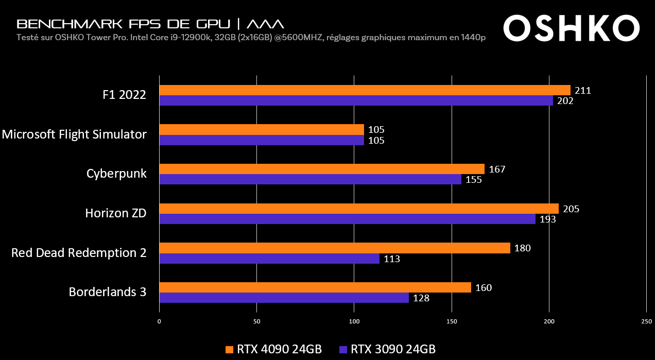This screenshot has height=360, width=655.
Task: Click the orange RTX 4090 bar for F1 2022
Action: click(x=365, y=90)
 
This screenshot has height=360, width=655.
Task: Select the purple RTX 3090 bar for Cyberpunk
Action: click(x=310, y=179)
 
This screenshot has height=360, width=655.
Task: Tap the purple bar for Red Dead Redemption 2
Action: click(x=269, y=259)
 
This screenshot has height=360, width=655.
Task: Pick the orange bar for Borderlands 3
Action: click(x=315, y=287)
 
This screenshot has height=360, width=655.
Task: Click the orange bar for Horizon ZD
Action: click(x=359, y=209)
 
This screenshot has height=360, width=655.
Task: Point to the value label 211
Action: click(x=582, y=91)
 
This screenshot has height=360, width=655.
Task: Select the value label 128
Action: click(x=421, y=298)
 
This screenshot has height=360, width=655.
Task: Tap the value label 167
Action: click(x=496, y=169)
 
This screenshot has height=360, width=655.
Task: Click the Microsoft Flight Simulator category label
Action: click(x=74, y=134)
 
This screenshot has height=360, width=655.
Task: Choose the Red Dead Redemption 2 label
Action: click(x=79, y=253)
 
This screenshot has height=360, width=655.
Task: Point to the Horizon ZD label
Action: click(x=116, y=213)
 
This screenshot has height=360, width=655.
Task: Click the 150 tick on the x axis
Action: click(x=452, y=321)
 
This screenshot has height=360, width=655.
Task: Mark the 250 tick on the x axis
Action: click(x=646, y=321)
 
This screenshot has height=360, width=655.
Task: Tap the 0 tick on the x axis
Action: click(x=159, y=321)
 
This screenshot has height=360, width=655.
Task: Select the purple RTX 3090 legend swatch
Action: click(x=343, y=349)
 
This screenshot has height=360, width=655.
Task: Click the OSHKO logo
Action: click(x=571, y=28)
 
